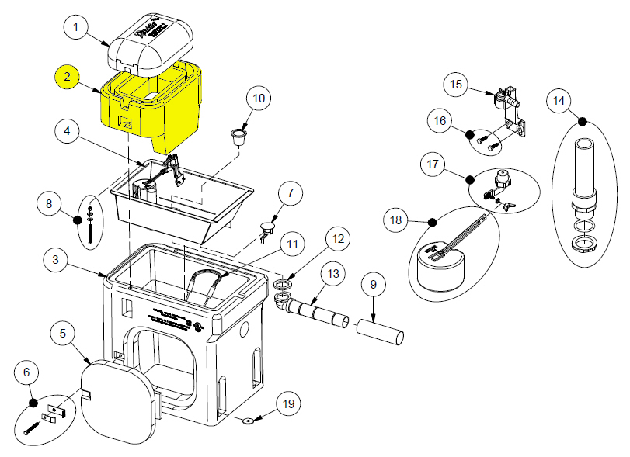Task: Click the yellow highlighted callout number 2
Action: coord(68,77)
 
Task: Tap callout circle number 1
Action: coord(76,29)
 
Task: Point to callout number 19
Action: coord(288,404)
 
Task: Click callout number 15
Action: coord(455,84)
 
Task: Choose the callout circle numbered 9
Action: coord(373,285)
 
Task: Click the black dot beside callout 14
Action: coord(581,119)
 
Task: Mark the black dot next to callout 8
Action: coord(77,220)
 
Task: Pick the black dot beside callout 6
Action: coord(33,403)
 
